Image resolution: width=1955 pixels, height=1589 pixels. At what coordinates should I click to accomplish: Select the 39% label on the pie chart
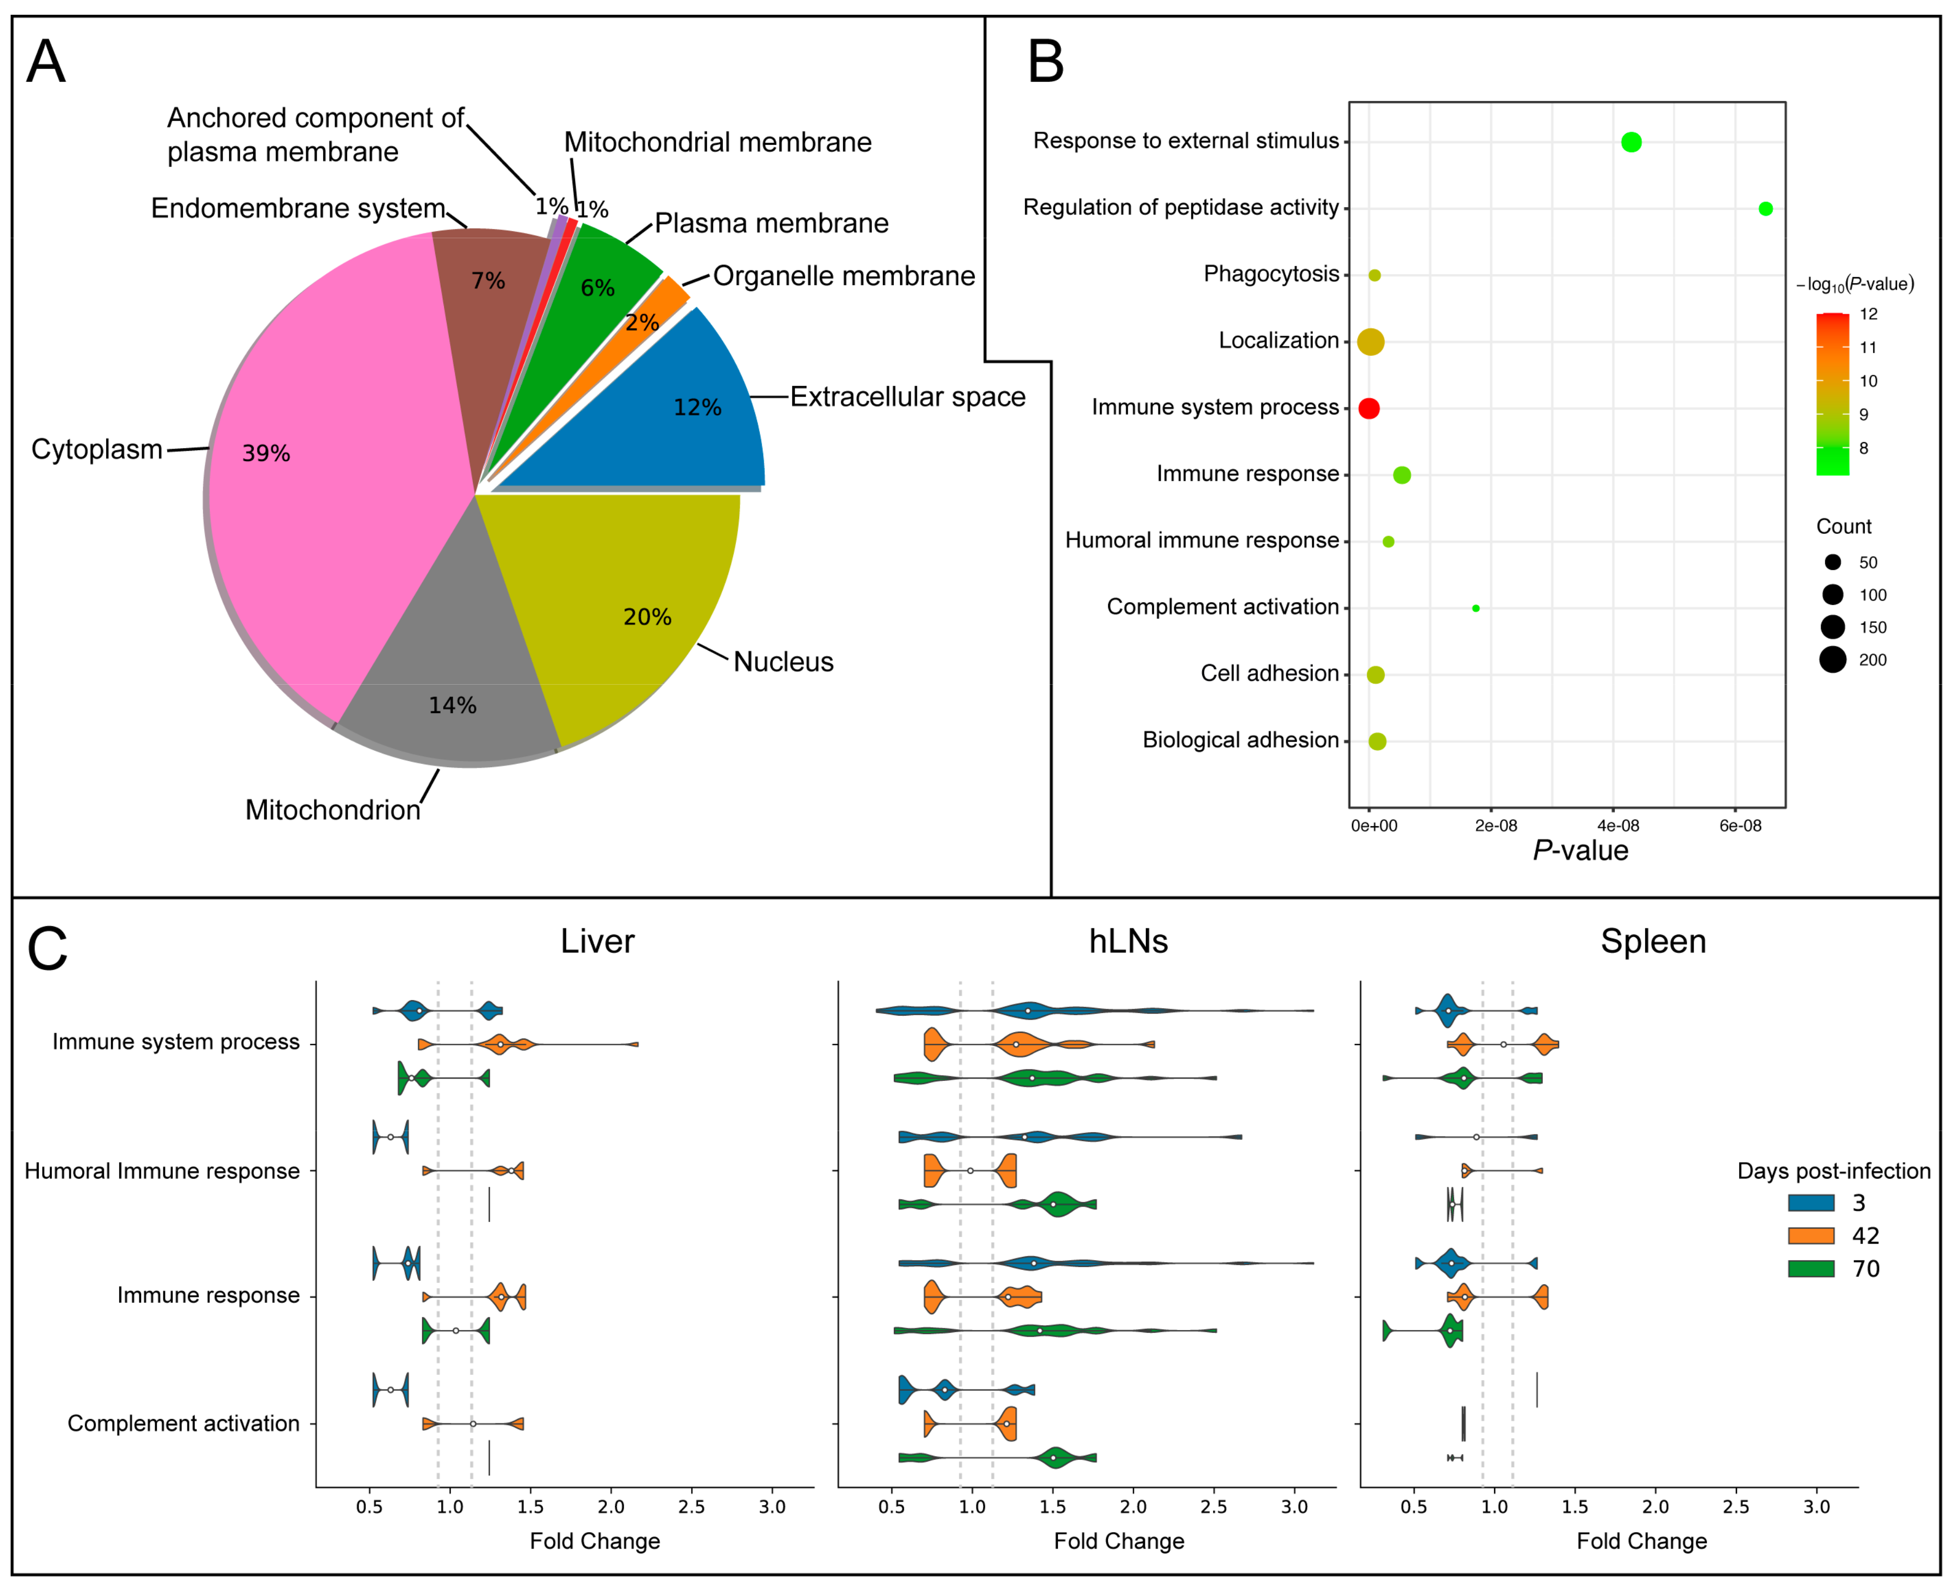pyautogui.click(x=266, y=453)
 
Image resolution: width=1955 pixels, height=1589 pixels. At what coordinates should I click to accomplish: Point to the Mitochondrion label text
pyautogui.click(x=332, y=810)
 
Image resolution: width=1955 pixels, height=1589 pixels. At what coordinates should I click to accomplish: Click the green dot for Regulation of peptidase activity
pyautogui.click(x=1765, y=209)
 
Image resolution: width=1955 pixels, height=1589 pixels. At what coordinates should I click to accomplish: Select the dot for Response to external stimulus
pyautogui.click(x=1631, y=142)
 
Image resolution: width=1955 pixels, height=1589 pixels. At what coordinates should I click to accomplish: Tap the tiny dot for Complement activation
pyautogui.click(x=1475, y=608)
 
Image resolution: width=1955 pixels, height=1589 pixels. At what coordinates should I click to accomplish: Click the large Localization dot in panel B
pyautogui.click(x=1370, y=342)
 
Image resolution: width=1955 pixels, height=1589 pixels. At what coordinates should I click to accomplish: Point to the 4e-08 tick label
pyautogui.click(x=1618, y=826)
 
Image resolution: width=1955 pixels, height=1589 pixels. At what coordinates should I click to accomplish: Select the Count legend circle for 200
pyautogui.click(x=1833, y=659)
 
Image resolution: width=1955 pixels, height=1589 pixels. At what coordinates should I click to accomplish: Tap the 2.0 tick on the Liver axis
pyautogui.click(x=611, y=1508)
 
